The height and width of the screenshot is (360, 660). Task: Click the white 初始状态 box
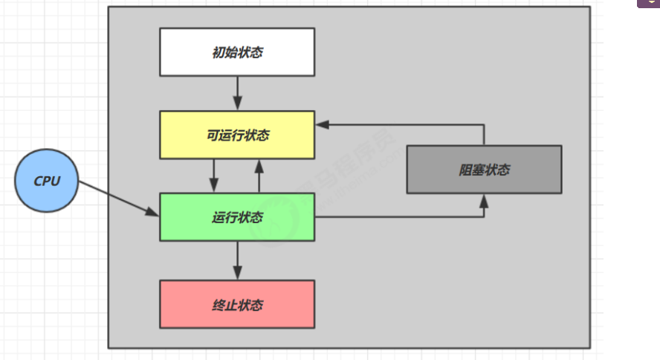(237, 52)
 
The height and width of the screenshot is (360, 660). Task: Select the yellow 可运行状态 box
(237, 135)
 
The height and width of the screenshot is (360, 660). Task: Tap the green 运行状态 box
(237, 217)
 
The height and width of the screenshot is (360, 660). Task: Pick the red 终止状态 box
(237, 304)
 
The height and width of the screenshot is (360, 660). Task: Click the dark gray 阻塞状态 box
(484, 170)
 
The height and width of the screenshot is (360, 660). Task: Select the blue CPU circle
(46, 181)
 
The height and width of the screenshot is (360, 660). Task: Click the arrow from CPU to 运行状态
(119, 199)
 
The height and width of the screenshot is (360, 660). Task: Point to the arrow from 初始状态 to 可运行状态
(237, 93)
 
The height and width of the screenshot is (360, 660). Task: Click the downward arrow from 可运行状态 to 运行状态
(215, 176)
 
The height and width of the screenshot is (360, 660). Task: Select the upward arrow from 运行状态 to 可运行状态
(259, 176)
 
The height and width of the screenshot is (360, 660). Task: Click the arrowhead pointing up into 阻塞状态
(485, 201)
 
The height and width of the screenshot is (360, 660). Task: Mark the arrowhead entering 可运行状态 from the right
(321, 124)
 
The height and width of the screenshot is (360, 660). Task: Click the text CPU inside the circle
(46, 181)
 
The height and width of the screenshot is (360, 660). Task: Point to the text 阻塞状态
(484, 170)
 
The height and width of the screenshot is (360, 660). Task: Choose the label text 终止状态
(237, 305)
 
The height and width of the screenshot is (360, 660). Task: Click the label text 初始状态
(237, 53)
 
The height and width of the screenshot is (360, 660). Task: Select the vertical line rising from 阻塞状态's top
(485, 135)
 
